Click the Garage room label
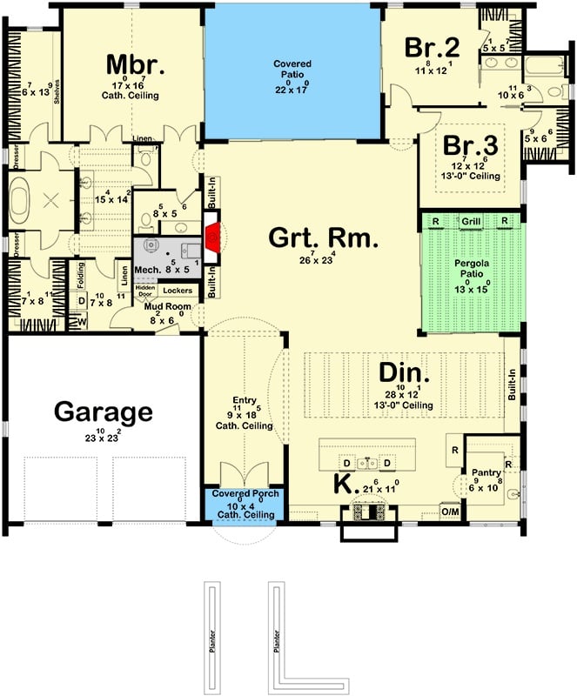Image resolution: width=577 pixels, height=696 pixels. tap(104, 412)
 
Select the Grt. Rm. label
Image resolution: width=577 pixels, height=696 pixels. tap(323, 238)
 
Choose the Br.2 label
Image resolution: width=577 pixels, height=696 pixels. tap(432, 47)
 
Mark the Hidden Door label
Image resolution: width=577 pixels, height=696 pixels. tap(145, 291)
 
